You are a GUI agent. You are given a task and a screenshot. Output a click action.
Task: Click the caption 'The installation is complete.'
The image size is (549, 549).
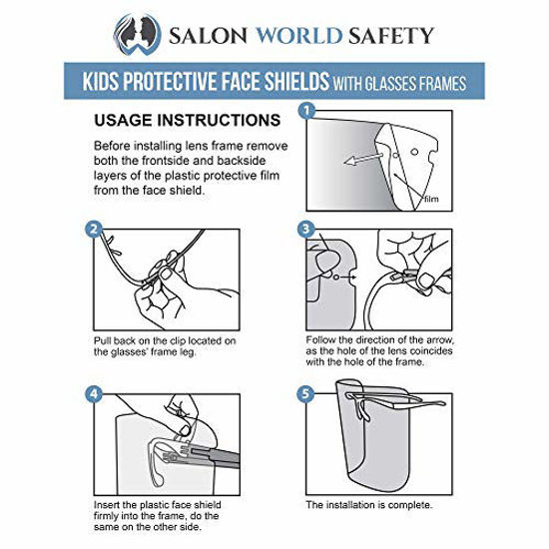click(x=369, y=503)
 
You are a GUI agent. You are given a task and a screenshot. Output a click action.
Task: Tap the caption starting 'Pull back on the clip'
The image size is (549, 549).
click(x=165, y=347)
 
